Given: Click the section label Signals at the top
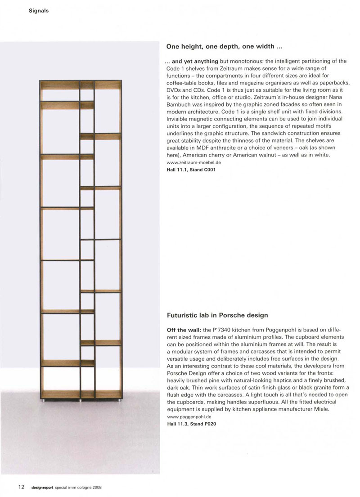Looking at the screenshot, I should point(38,11).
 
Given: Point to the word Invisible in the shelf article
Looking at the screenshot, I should point(178,118).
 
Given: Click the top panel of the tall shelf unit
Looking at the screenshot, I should point(81,81).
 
